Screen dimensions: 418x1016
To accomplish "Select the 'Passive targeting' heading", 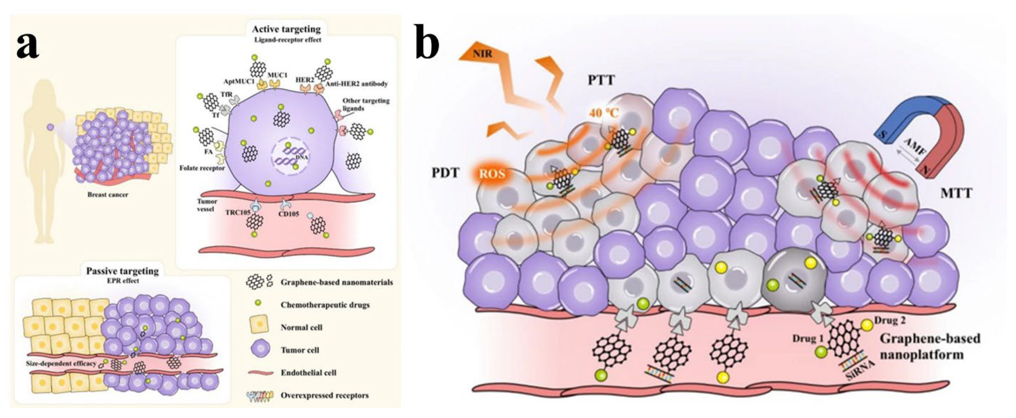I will coord(123,271).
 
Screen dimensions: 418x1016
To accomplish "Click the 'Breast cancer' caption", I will coord(108,195).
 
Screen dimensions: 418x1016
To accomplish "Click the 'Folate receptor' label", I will coord(202,168).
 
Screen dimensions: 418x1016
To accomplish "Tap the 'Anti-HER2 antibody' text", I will coord(356,84).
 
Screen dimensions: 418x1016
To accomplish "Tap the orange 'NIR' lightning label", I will coord(483,53).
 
